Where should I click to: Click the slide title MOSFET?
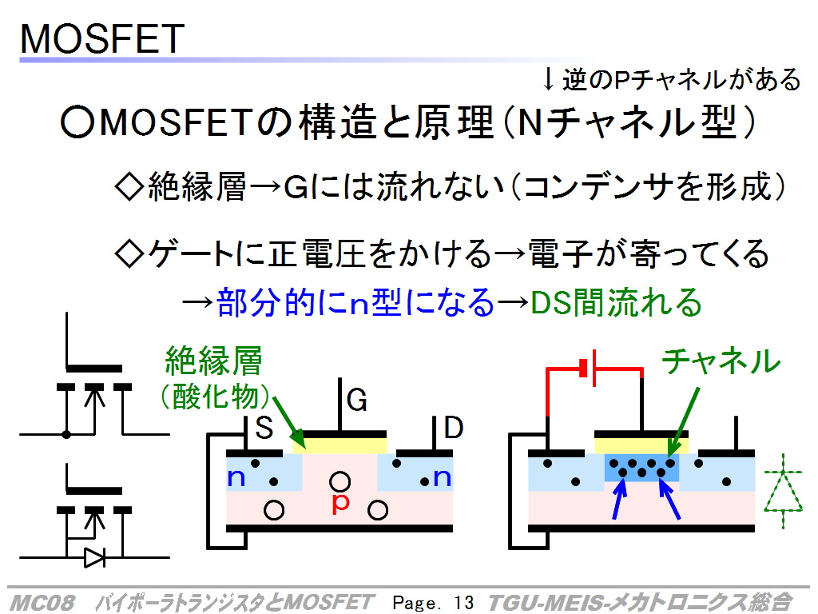[x=102, y=38]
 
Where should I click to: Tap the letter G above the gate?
[x=357, y=401]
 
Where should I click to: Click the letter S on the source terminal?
[x=264, y=429]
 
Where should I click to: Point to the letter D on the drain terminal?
[x=454, y=428]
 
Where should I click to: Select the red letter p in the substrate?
[x=340, y=503]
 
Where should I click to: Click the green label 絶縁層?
[x=213, y=361]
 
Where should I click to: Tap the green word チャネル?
[x=721, y=361]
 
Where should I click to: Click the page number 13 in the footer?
[x=463, y=602]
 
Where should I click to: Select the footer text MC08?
[x=42, y=603]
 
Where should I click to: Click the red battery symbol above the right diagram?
[x=590, y=368]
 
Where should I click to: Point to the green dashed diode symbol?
[x=783, y=490]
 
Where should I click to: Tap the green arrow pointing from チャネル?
[x=684, y=422]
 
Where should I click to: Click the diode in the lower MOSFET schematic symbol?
[x=94, y=557]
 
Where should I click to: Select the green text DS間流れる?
[x=616, y=302]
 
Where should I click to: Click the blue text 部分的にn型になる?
[x=355, y=302]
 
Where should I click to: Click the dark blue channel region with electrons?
[x=641, y=468]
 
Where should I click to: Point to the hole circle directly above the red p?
[x=340, y=481]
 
